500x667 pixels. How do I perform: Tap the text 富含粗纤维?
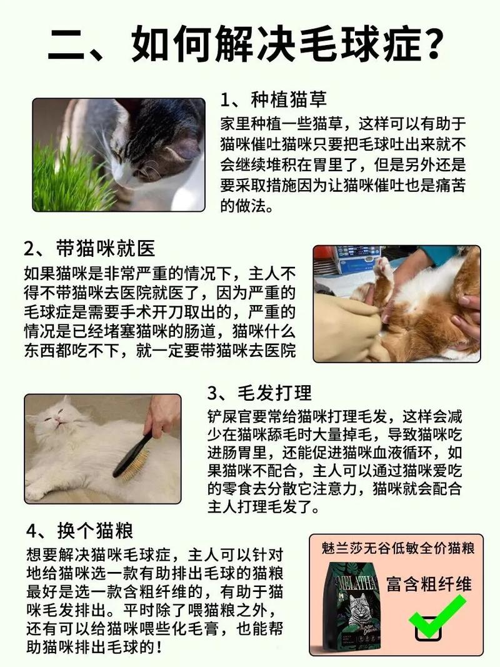coord(429,584)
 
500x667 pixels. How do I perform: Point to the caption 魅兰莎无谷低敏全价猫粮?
coord(398,548)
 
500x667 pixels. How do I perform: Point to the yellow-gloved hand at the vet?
coord(344,325)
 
